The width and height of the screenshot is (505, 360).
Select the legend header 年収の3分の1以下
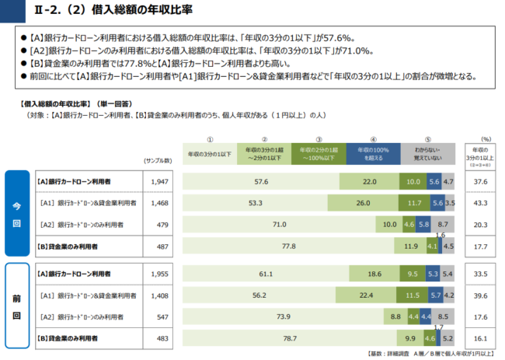(x=209, y=153)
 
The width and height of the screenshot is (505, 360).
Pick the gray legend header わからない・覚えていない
(x=428, y=153)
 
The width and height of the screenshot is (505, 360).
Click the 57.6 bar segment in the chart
(x=261, y=181)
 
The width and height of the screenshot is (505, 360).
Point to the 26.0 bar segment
(x=363, y=203)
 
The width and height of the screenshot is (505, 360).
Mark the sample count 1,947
(x=159, y=181)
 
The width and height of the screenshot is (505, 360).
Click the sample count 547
(x=159, y=318)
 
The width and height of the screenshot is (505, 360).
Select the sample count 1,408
(x=159, y=296)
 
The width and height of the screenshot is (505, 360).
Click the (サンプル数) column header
(x=158, y=160)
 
